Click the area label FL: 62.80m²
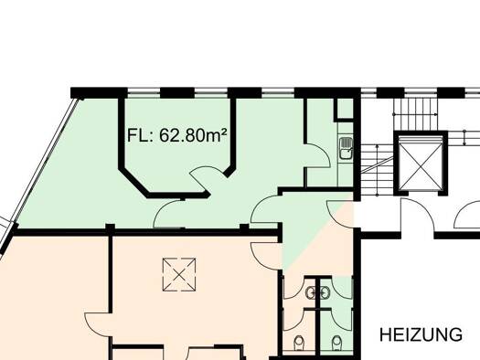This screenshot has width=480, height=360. (x=177, y=135)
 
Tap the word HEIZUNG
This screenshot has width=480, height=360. (x=421, y=334)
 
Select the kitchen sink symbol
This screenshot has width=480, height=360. (x=346, y=148)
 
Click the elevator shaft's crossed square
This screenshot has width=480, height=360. (x=421, y=164)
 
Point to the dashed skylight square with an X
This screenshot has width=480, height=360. (x=179, y=274)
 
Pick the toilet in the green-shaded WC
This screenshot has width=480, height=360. (x=336, y=343)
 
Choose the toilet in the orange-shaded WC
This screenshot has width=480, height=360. (x=298, y=343)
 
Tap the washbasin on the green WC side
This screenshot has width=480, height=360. (x=325, y=292)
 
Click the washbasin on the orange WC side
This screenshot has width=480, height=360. (x=311, y=292)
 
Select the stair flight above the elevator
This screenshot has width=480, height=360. (x=415, y=112)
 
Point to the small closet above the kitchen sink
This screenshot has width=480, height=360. (x=344, y=108)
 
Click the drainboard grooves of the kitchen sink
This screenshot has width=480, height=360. (x=346, y=143)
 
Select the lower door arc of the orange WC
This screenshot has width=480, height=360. (x=293, y=320)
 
